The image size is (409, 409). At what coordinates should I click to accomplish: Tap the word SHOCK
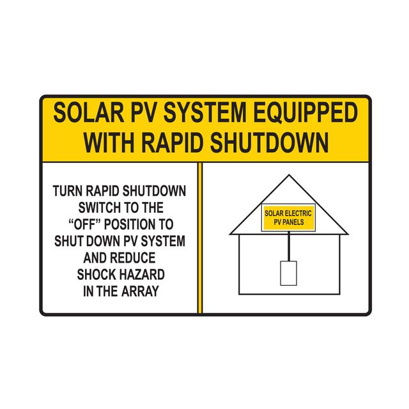coord(100,274)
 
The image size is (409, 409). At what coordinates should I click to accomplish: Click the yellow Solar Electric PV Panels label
coord(288,218)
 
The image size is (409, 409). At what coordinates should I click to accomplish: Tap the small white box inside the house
coord(288,272)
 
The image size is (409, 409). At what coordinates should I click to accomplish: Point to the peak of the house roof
coord(288,176)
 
